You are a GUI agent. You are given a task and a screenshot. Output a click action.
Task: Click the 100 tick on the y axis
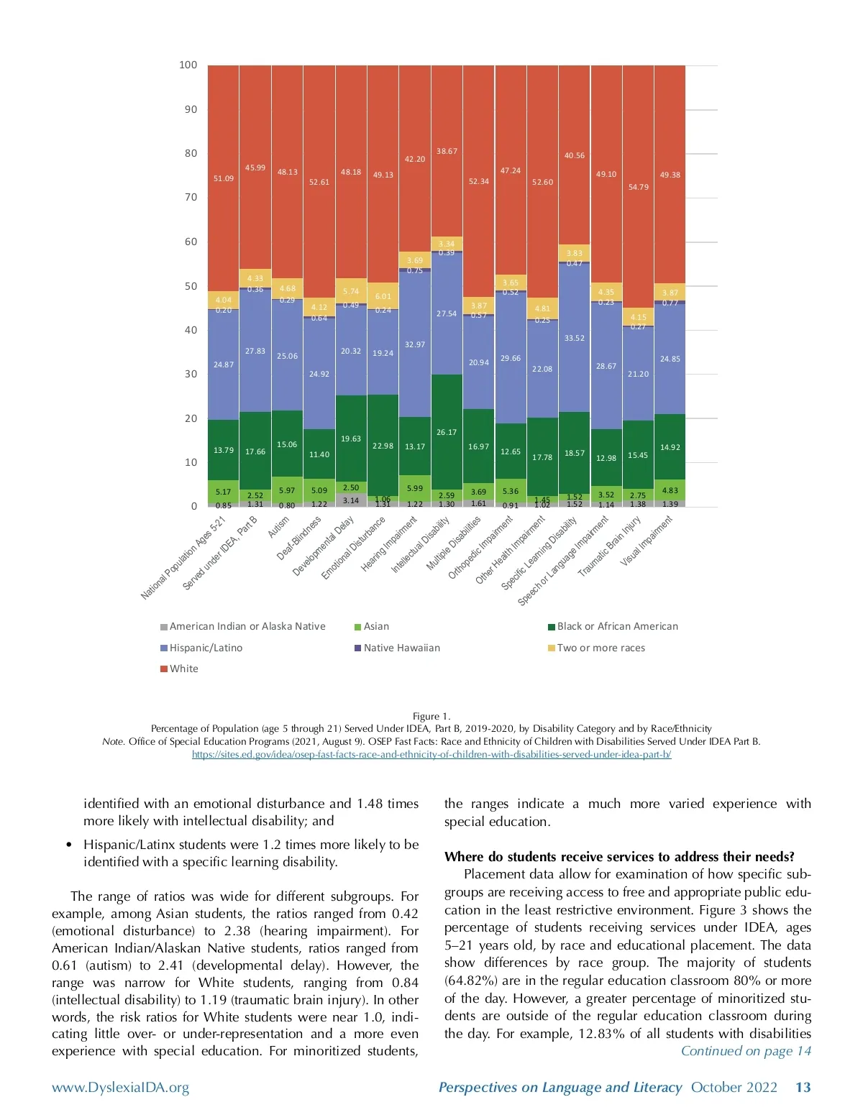tap(188, 65)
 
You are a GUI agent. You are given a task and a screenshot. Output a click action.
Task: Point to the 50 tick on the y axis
tap(191, 286)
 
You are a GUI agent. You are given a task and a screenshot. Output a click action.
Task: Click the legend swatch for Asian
tap(357, 627)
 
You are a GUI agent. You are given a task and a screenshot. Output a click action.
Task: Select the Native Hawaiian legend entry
tap(401, 648)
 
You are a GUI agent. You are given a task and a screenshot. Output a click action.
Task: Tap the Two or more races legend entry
tap(601, 648)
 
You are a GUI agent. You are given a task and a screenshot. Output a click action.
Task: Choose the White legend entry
tap(183, 669)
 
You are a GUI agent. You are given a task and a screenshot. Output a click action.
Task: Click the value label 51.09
tap(224, 178)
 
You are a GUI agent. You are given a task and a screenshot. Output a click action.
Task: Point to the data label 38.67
tap(447, 152)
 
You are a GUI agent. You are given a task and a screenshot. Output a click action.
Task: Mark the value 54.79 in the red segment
tap(639, 187)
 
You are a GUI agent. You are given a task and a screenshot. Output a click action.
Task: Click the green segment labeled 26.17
tap(447, 432)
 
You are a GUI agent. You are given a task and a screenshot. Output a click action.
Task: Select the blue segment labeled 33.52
tap(575, 338)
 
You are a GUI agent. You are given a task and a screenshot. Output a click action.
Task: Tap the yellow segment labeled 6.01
tap(383, 295)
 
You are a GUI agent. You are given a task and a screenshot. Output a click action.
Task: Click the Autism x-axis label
tap(279, 527)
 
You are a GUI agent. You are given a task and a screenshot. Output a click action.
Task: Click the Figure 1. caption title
tap(431, 716)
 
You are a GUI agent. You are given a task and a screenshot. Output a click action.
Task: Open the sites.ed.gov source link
tap(431, 754)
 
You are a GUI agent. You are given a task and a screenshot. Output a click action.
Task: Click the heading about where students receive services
tap(619, 856)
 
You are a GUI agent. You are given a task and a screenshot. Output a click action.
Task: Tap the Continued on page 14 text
tap(746, 1051)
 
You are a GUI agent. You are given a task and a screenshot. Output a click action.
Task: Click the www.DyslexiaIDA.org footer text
tap(121, 1088)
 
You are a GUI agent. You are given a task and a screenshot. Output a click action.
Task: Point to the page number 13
tap(803, 1088)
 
